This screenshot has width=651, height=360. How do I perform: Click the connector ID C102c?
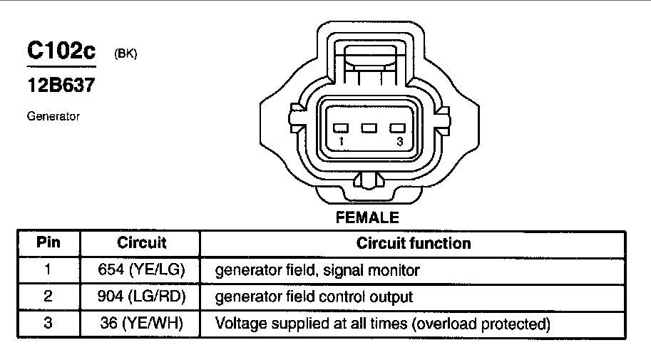tap(61, 51)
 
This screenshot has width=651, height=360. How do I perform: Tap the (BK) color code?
tap(125, 53)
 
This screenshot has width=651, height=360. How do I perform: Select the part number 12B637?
tap(61, 86)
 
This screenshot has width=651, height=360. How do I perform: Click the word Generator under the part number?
tap(53, 116)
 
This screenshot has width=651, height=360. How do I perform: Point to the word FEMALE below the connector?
tap(367, 217)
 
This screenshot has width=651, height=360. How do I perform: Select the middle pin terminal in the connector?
tap(369, 129)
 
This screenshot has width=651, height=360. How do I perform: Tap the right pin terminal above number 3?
tap(396, 129)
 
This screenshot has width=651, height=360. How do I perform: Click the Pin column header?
tap(48, 242)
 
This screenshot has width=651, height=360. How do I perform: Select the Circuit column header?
tap(141, 242)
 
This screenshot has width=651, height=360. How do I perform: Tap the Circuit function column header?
tap(414, 243)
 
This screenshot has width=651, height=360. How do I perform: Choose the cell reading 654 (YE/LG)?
tap(141, 270)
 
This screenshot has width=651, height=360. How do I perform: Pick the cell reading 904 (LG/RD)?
tap(141, 297)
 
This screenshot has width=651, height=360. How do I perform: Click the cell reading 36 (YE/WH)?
tap(141, 324)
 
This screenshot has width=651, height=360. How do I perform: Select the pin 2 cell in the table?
tap(48, 297)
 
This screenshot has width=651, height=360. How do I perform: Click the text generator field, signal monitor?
tap(317, 271)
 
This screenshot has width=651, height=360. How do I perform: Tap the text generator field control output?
tap(314, 297)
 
